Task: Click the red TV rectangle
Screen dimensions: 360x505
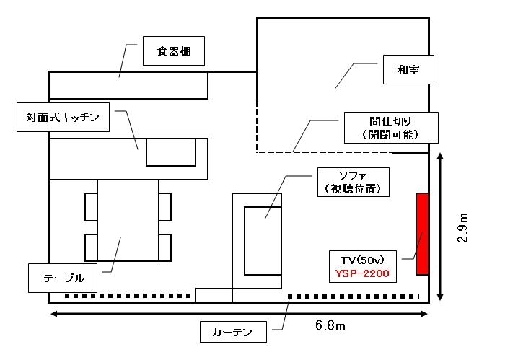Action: click(422, 234)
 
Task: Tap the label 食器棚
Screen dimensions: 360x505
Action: click(172, 51)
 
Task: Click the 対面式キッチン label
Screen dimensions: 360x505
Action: click(63, 116)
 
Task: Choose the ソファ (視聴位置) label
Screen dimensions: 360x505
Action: click(353, 182)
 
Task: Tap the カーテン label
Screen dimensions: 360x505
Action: click(232, 333)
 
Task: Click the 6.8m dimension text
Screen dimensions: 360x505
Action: click(330, 326)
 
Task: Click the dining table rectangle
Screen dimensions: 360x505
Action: click(128, 220)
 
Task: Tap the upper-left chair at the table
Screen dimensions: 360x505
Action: click(91, 206)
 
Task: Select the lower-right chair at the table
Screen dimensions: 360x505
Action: click(165, 247)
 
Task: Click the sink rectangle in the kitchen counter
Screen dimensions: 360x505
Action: click(171, 152)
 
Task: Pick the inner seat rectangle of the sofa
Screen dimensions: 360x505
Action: click(263, 240)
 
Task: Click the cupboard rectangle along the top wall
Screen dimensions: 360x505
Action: click(128, 85)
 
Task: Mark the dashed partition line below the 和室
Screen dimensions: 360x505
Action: click(343, 152)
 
